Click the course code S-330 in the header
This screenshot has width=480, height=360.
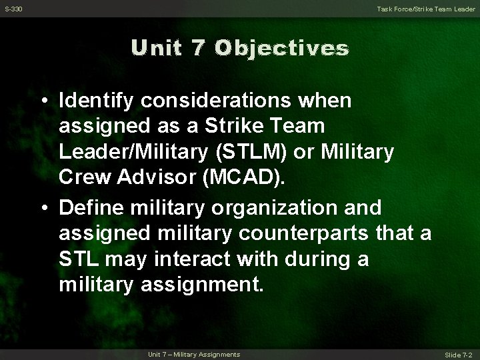[x=13, y=8]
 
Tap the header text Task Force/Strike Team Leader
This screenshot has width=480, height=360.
[x=425, y=8]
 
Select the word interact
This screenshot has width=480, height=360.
[x=200, y=259]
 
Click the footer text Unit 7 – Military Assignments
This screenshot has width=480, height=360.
[x=194, y=355]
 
